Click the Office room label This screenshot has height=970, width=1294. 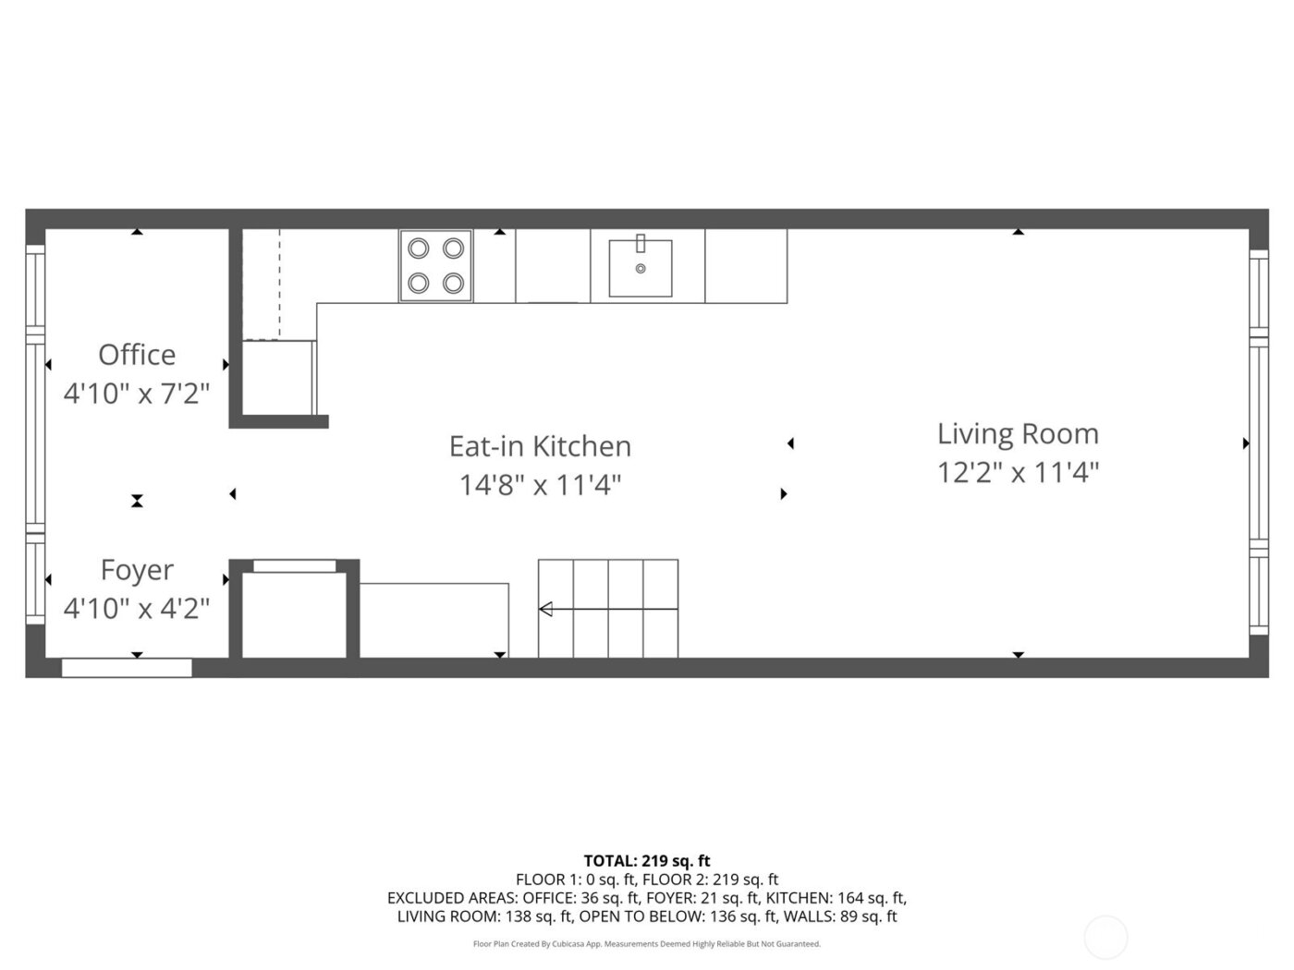click(x=137, y=355)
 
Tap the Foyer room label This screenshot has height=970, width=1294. click(x=137, y=570)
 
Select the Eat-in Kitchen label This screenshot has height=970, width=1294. click(x=540, y=446)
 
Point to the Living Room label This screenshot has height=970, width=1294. click(x=1018, y=434)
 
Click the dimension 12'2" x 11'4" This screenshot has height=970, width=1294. click(x=1018, y=473)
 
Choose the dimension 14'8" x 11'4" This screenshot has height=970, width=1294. click(x=540, y=485)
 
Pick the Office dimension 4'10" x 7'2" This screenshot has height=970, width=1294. click(x=137, y=394)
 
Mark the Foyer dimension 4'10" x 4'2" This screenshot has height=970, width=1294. click(x=137, y=609)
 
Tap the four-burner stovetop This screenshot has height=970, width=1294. click(x=436, y=266)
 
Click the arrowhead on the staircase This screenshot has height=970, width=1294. click(x=545, y=609)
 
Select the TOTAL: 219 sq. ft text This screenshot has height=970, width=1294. click(x=647, y=862)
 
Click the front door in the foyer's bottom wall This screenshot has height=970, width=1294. click(x=127, y=668)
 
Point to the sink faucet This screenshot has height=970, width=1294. click(x=640, y=243)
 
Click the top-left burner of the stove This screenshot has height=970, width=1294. click(x=419, y=249)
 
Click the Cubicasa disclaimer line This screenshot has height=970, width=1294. click(x=647, y=944)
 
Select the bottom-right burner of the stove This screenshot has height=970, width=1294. click(x=453, y=283)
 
